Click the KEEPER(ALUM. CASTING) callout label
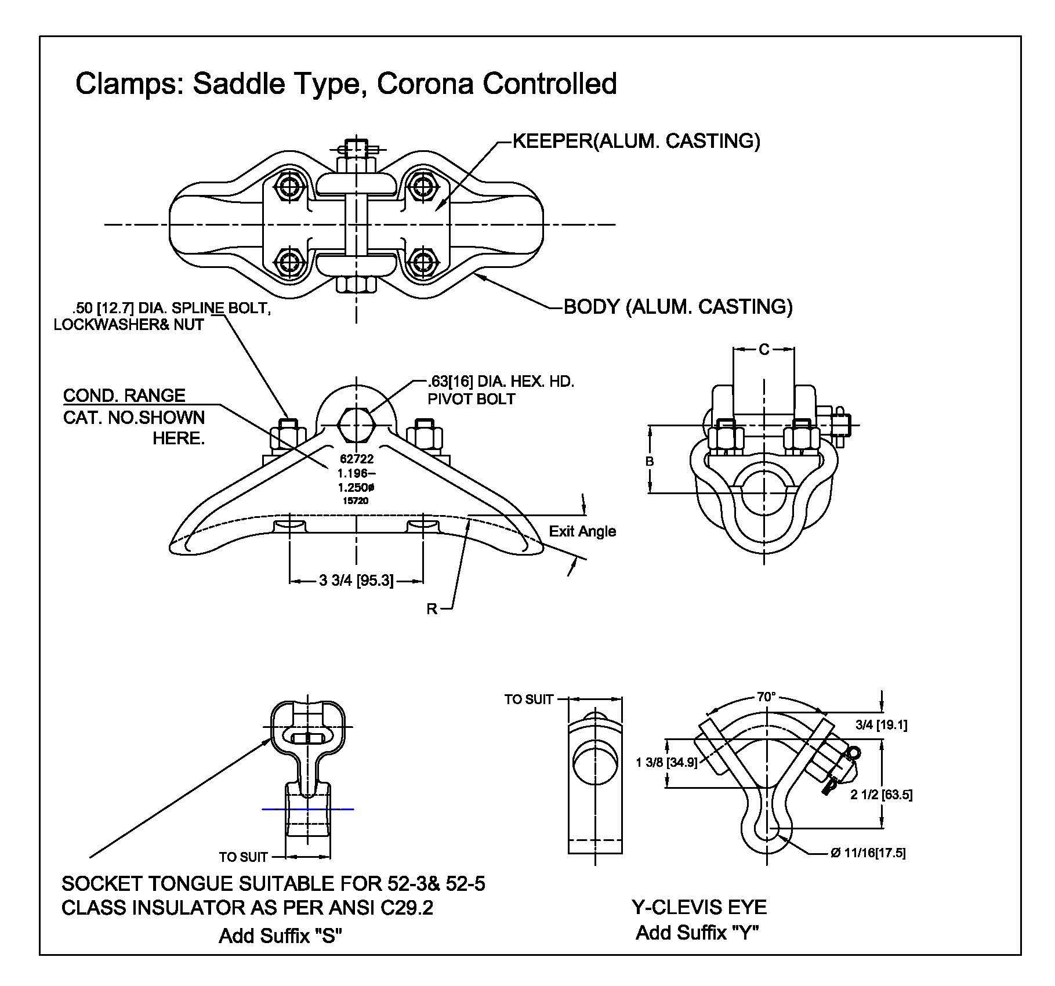(x=636, y=141)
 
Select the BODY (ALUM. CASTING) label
(x=678, y=306)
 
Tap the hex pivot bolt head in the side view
(x=356, y=425)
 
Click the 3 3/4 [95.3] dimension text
(x=356, y=581)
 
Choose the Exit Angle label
(x=582, y=531)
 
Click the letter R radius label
(x=432, y=609)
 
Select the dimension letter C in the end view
(x=764, y=349)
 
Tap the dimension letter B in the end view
(x=650, y=461)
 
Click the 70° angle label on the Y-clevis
(x=766, y=697)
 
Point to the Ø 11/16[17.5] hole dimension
(x=868, y=853)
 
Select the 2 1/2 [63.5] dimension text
(x=881, y=795)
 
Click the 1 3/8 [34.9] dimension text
(x=666, y=762)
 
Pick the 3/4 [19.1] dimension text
(x=881, y=724)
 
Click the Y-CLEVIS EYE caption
(x=698, y=907)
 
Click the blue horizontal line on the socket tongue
(x=307, y=809)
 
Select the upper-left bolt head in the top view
(x=288, y=186)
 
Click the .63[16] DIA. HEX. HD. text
(x=501, y=382)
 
